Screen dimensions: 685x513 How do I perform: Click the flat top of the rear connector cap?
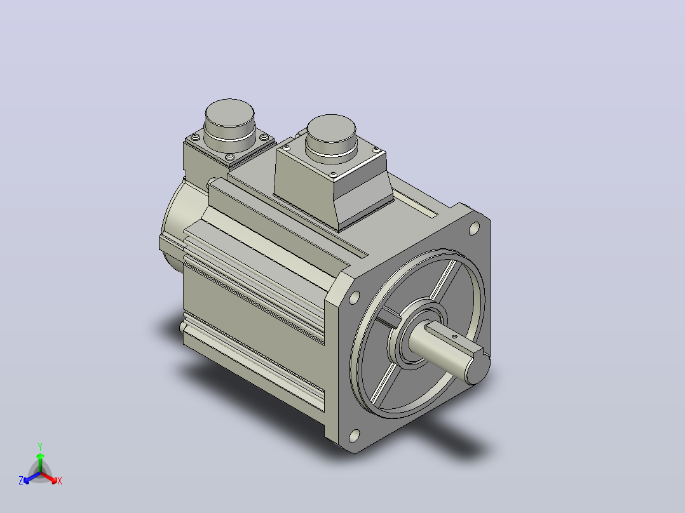point(230,112)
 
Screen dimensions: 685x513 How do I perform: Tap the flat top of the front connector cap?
point(331,128)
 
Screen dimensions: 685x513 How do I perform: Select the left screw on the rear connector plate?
point(195,138)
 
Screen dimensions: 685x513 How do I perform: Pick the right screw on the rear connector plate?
point(264,137)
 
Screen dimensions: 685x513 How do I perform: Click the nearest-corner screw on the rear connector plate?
point(230,157)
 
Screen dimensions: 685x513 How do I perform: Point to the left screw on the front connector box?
point(286,149)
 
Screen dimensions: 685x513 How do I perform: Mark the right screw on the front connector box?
point(376,149)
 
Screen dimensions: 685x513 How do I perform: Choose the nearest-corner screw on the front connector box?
point(334,174)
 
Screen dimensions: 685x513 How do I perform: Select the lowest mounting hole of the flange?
point(355,436)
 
